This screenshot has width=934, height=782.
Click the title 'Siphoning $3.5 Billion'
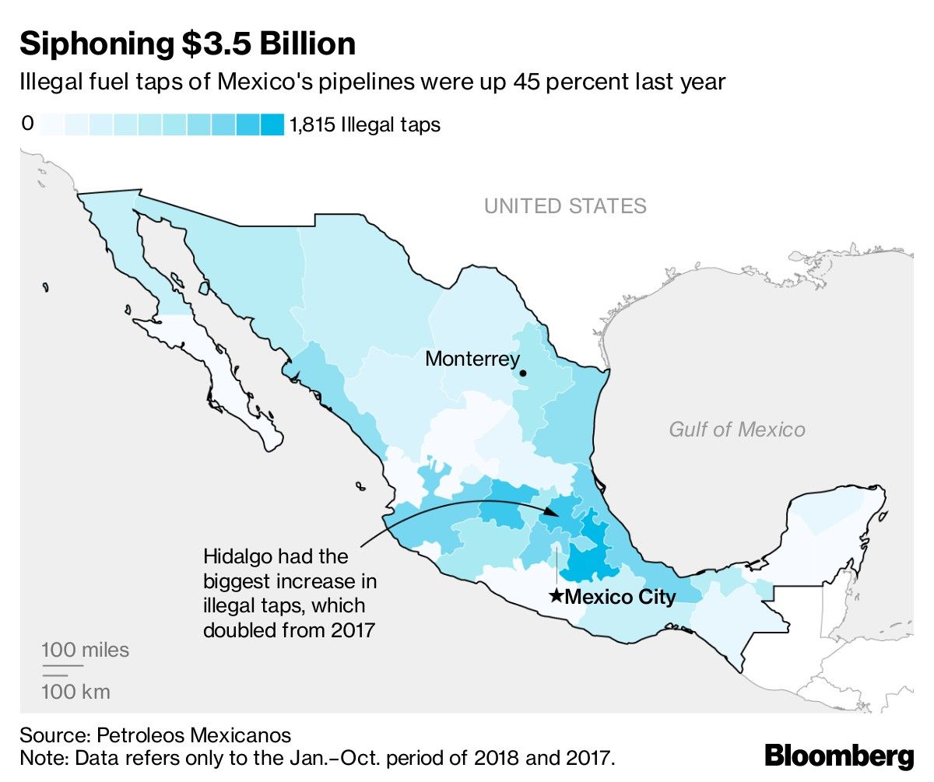tap(188, 44)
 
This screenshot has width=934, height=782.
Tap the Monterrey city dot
tap(523, 373)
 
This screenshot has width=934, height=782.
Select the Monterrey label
tap(472, 359)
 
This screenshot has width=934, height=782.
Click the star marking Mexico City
tap(556, 596)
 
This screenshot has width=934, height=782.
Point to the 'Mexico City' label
tap(620, 597)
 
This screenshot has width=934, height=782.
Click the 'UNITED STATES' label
tap(565, 206)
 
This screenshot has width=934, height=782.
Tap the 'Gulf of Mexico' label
tap(737, 429)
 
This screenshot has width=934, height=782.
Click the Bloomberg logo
tap(838, 755)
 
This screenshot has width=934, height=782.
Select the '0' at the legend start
tap(26, 124)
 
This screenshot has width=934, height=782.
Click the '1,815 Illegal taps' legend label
tap(365, 124)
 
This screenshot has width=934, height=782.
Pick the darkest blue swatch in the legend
tap(272, 124)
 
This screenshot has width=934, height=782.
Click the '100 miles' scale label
tap(86, 650)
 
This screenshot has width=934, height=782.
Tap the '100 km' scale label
tap(75, 691)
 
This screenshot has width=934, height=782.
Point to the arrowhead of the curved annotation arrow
tap(555, 513)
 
